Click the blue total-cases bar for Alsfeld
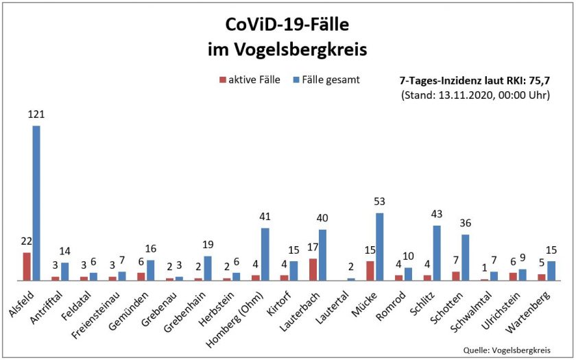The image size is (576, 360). coord(36,203)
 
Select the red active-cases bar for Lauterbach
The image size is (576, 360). coord(313,269)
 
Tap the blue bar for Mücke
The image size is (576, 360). coord(379,247)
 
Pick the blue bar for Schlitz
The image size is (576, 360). coord(437,253)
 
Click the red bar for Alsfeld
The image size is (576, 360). coord(27,267)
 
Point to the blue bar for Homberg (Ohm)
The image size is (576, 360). coord(265,254)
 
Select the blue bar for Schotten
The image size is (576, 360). coord(466,258)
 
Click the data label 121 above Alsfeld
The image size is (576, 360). coord(36,115)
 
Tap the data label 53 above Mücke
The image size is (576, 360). coord(379,202)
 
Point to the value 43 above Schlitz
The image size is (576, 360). coord(437,214)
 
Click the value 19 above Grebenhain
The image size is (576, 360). coord(208,245)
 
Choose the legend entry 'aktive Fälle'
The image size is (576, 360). coord(250,80)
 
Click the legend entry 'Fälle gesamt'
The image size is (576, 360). coord(326,80)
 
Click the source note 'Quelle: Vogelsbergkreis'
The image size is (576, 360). coord(507,350)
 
